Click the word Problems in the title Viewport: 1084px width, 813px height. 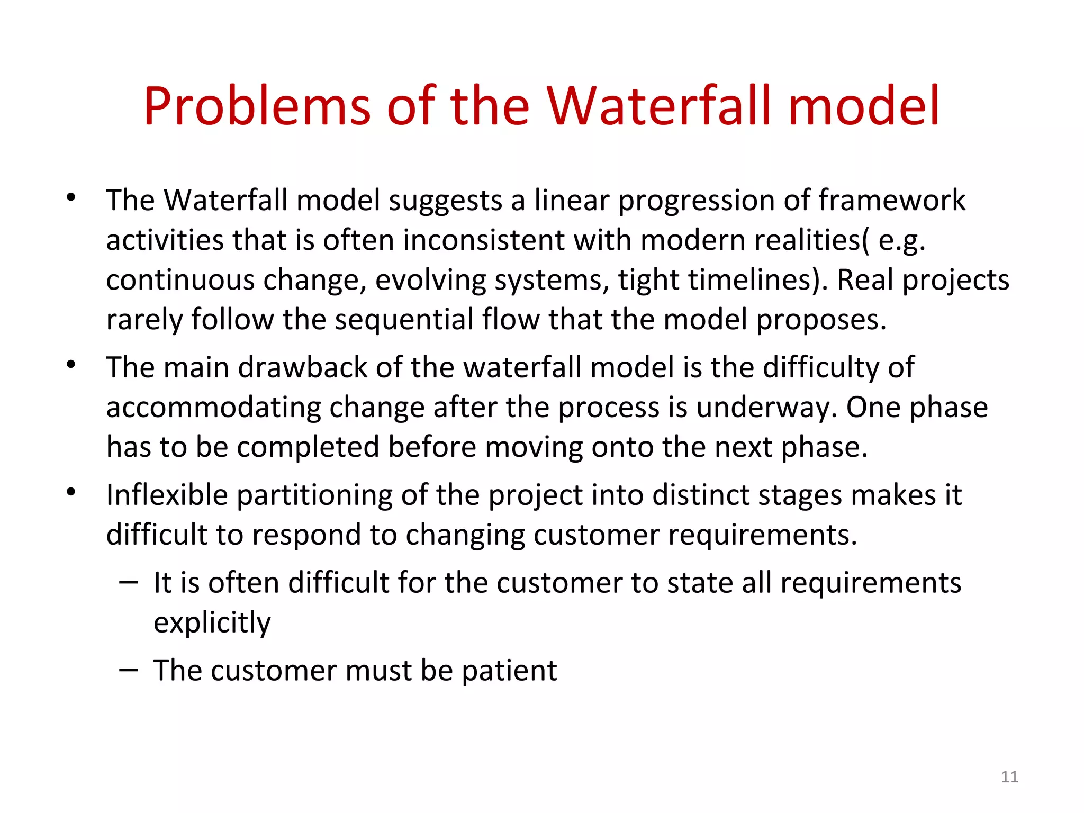coord(257,107)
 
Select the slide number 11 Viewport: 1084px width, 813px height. coord(1009,777)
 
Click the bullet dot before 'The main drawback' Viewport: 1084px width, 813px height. coord(71,365)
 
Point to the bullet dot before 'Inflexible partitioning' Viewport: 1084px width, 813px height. coord(71,492)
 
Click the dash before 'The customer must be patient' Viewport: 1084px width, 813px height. coord(129,670)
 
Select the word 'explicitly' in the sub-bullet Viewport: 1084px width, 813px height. coord(212,622)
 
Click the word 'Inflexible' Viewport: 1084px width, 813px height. coord(167,495)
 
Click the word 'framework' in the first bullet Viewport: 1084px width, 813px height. coord(892,201)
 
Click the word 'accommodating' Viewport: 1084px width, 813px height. coord(213,408)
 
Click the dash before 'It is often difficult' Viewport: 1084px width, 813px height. coord(129,582)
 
